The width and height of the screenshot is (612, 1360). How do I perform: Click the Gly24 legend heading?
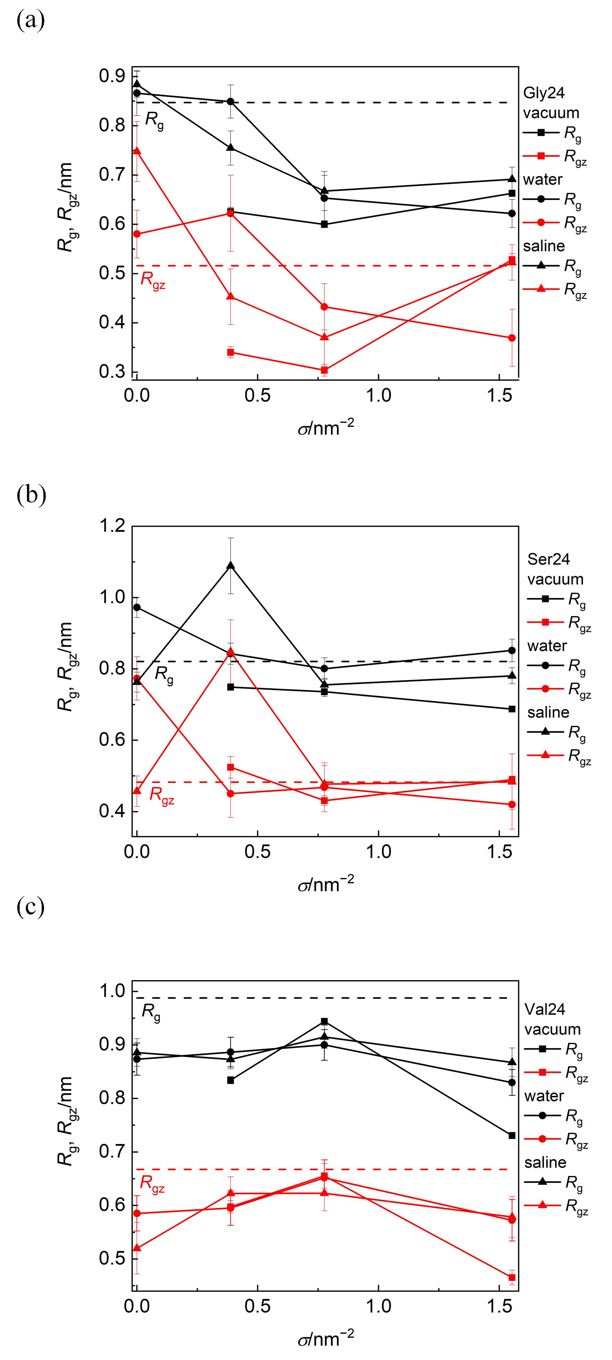[543, 93]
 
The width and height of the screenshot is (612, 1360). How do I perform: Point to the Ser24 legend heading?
[549, 559]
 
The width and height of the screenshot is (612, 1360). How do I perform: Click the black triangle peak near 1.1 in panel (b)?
[230, 565]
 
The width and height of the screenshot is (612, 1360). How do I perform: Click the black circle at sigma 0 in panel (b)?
[137, 607]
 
